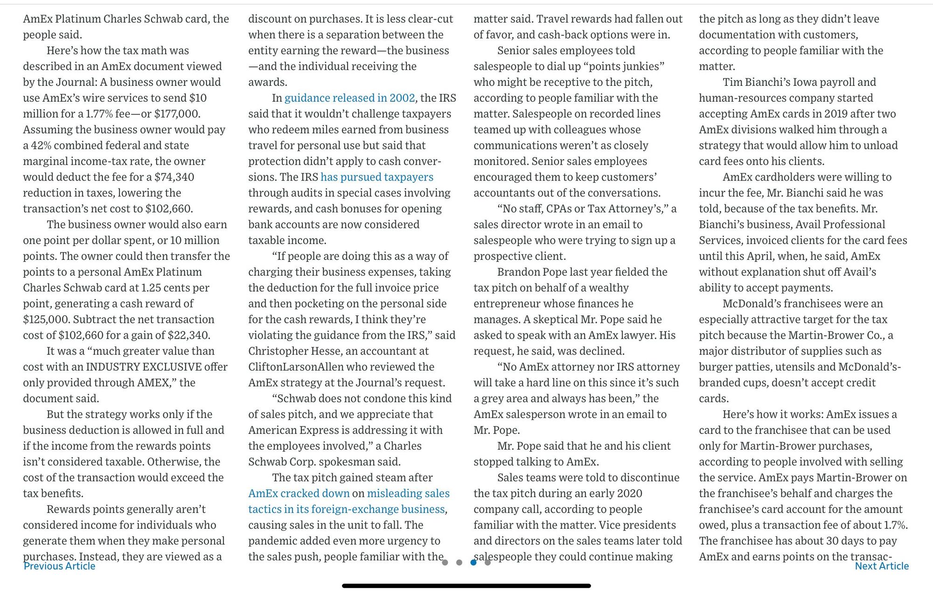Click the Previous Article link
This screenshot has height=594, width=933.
[x=59, y=566]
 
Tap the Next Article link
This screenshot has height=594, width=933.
[x=882, y=566]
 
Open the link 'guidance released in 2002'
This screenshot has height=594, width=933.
[x=349, y=98]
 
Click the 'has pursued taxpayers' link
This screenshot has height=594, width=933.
[x=377, y=177]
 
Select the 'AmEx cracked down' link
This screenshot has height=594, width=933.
[x=299, y=493]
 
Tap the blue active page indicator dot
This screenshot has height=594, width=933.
[x=473, y=562]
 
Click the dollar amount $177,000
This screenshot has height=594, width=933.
[x=177, y=114]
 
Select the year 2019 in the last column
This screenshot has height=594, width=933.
[x=837, y=114]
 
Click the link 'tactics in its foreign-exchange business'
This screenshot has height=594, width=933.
[x=346, y=509]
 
